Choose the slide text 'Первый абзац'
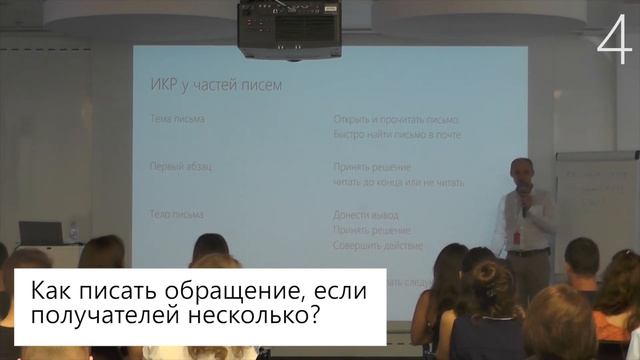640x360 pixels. coord(180,166)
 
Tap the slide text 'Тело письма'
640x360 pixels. coord(177,214)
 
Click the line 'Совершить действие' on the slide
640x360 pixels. coord(377,244)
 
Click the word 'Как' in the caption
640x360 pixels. coord(51,295)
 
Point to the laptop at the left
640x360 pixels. coord(41,233)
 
